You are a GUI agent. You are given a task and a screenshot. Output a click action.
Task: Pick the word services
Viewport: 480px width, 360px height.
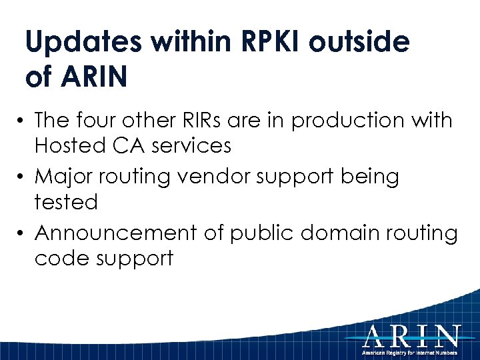click(x=198, y=145)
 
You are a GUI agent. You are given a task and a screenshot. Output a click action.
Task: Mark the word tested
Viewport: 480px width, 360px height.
click(x=66, y=201)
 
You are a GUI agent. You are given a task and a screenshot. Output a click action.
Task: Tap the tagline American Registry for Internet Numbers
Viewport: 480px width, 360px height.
click(x=411, y=352)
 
